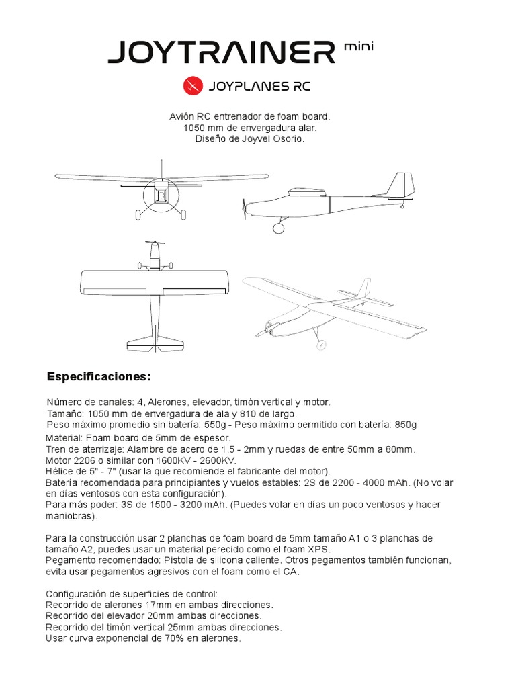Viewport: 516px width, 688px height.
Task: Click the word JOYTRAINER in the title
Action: tap(222, 52)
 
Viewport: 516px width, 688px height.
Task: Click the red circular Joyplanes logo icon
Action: tap(192, 87)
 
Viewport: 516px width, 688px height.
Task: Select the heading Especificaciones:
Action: tap(99, 375)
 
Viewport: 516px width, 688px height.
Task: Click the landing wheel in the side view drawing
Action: tap(278, 228)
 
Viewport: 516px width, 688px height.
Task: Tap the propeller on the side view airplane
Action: tap(245, 209)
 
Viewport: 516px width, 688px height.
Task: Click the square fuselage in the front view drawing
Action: tap(161, 195)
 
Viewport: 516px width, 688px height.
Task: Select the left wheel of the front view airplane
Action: tap(139, 215)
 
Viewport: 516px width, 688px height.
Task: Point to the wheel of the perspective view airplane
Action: tap(321, 345)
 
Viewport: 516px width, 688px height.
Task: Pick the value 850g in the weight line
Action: tap(404, 425)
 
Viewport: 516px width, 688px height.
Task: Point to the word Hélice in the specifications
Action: tap(58, 471)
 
